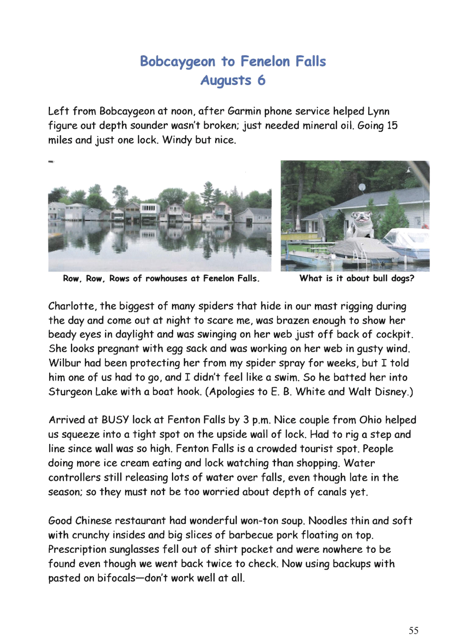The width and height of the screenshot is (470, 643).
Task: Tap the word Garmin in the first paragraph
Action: (244, 111)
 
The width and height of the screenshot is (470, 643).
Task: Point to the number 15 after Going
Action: (392, 125)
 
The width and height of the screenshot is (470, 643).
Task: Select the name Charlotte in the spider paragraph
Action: (72, 306)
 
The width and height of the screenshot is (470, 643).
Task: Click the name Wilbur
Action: (65, 363)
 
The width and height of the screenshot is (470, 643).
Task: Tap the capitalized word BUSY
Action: (115, 420)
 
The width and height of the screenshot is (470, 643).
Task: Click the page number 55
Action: (413, 630)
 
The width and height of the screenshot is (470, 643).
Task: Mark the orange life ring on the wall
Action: (426, 226)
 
